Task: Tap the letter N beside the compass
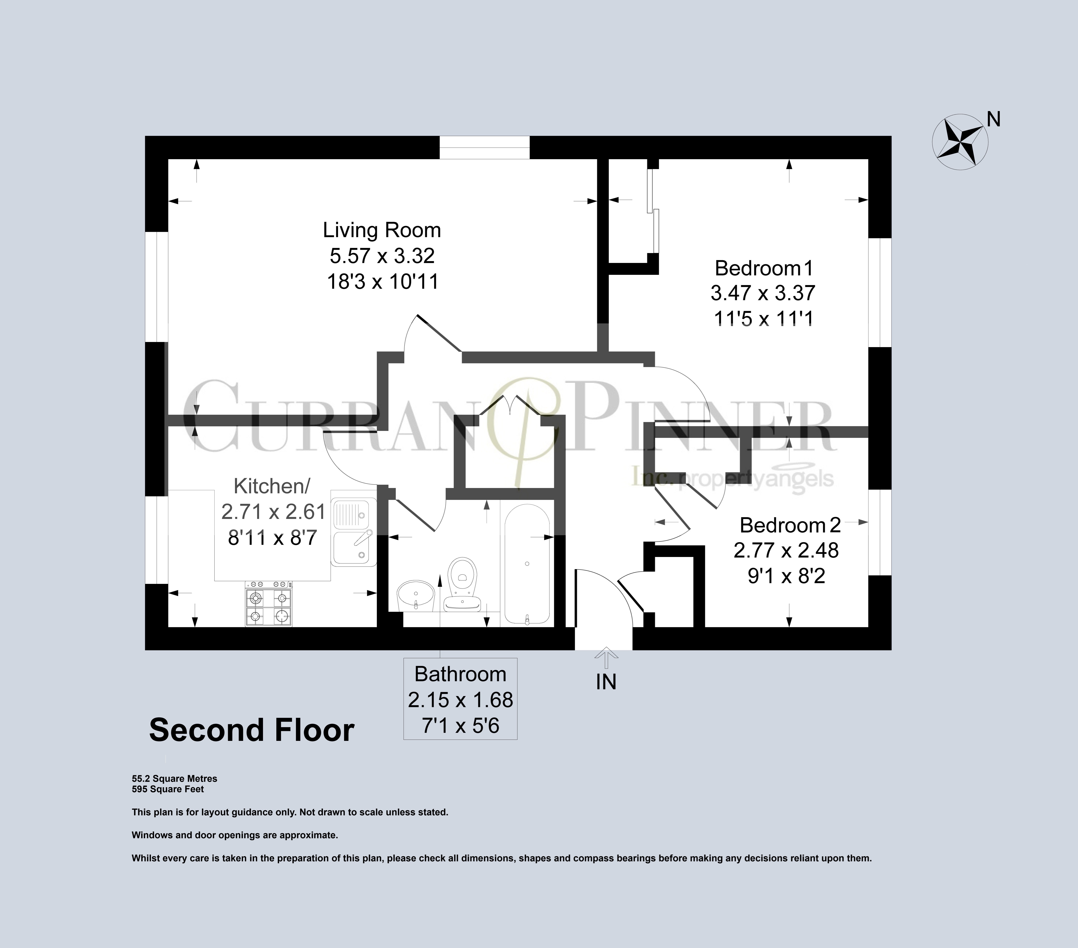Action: pyautogui.click(x=994, y=120)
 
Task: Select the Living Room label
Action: pyautogui.click(x=382, y=230)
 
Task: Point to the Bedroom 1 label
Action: pyautogui.click(x=764, y=268)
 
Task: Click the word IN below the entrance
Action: pyautogui.click(x=606, y=682)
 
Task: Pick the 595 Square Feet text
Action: pyautogui.click(x=168, y=789)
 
